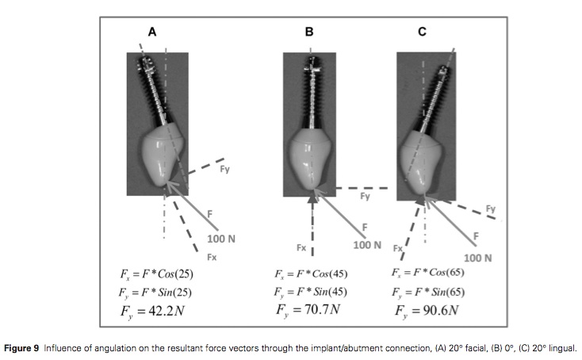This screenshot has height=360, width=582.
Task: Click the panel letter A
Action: [152, 32]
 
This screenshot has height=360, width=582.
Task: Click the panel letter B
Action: [309, 32]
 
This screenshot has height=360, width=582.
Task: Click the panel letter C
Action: [422, 32]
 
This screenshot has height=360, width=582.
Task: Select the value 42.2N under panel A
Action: [165, 312]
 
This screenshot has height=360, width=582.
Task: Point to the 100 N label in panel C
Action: [477, 258]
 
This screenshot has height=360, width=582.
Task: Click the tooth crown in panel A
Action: [161, 159]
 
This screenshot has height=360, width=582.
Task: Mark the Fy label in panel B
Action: [365, 195]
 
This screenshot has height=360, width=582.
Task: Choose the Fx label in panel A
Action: [211, 258]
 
